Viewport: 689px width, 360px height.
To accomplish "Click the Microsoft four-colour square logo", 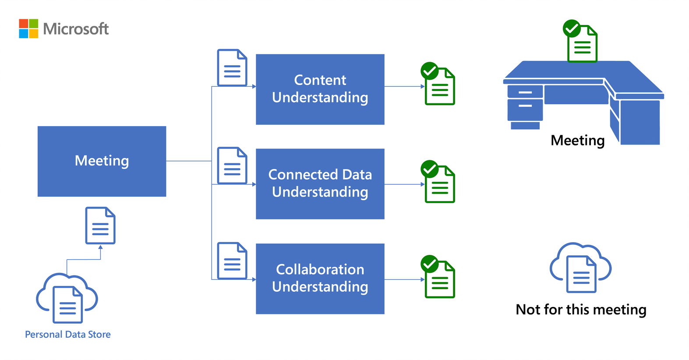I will (x=28, y=28).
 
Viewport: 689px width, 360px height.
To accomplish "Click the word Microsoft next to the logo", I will (x=76, y=29).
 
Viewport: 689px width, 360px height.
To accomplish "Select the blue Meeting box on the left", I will (x=102, y=161).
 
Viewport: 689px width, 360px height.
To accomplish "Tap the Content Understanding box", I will (x=320, y=89).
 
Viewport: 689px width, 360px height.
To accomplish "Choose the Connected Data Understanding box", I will (x=320, y=184).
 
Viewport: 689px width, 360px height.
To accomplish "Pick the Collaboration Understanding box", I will (x=320, y=279).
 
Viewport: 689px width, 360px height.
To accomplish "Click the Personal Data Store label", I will (x=68, y=335).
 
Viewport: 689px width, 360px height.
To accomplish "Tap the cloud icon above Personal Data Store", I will (x=67, y=298).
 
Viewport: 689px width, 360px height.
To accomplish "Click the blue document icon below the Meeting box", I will (x=100, y=226).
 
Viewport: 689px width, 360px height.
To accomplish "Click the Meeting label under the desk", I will (x=577, y=141).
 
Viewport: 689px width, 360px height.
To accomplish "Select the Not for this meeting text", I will (x=581, y=310).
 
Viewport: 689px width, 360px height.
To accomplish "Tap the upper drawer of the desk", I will (x=525, y=92).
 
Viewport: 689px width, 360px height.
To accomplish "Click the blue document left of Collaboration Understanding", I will (x=232, y=261).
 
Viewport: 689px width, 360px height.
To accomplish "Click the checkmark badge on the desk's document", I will (x=572, y=28).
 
